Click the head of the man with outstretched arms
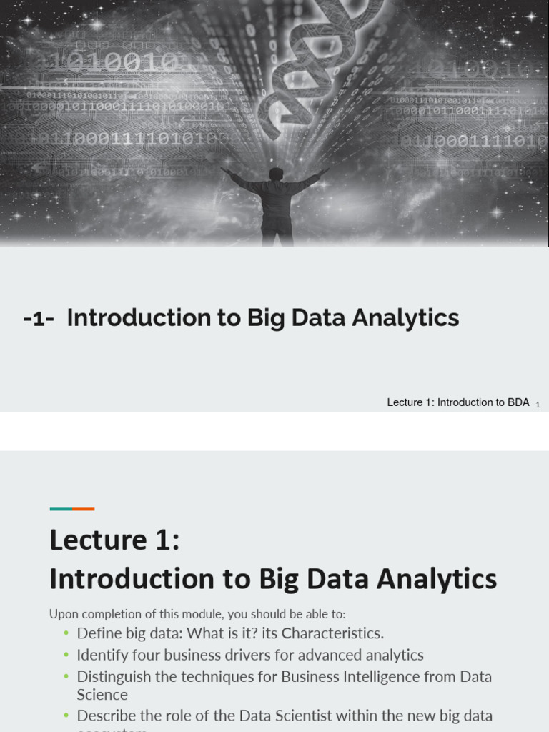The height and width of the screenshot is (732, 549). point(276,174)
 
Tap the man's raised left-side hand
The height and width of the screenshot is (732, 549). point(224,170)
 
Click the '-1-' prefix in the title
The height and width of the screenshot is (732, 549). point(39,318)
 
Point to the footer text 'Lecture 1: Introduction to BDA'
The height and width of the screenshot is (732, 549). point(458,402)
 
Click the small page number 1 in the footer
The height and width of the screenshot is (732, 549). point(538,405)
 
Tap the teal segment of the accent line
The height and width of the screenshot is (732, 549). point(61,509)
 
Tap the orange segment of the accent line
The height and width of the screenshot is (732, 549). point(84,509)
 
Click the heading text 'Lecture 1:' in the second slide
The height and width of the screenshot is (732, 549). point(114,540)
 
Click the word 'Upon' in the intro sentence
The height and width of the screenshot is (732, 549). point(62,614)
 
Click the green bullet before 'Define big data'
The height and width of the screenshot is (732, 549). point(66,633)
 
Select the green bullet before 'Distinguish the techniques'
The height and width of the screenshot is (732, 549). point(66,676)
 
